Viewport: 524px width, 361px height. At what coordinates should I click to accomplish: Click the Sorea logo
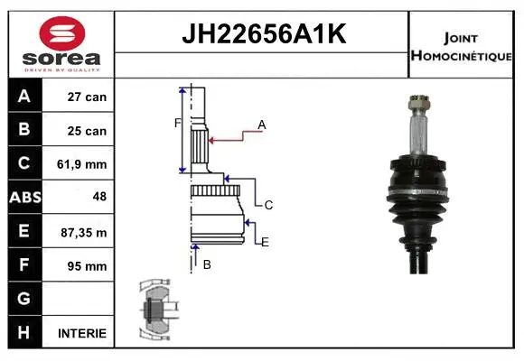[61, 44]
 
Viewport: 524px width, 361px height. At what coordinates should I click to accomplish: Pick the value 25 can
[88, 131]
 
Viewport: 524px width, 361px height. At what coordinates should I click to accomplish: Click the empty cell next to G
[81, 299]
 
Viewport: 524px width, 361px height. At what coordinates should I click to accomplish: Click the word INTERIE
[82, 333]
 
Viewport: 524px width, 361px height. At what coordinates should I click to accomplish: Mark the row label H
[24, 332]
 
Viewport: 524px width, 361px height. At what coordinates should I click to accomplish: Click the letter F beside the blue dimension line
[177, 122]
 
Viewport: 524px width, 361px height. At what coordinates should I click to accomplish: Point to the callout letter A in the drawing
[262, 124]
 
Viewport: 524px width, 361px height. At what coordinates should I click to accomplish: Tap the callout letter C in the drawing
[268, 205]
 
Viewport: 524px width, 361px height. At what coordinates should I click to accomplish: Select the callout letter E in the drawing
[265, 241]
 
